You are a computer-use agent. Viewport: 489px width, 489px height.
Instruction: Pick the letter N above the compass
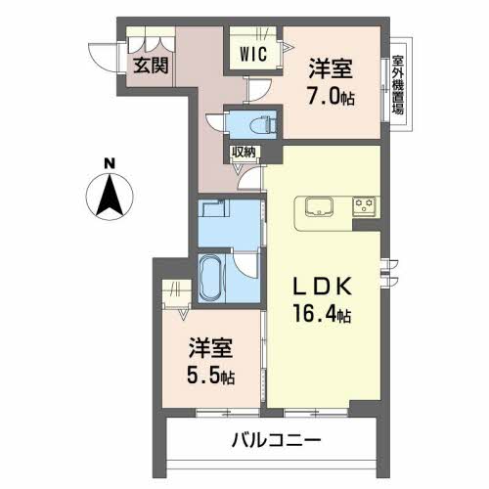[x=111, y=162]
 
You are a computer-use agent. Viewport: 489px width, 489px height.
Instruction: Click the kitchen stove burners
[x=364, y=205]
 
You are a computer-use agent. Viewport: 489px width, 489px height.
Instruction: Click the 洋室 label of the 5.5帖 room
[x=211, y=347]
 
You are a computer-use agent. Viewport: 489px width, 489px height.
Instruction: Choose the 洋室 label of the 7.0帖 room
[x=332, y=67]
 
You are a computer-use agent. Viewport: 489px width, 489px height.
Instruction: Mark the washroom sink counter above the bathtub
[x=212, y=214]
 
